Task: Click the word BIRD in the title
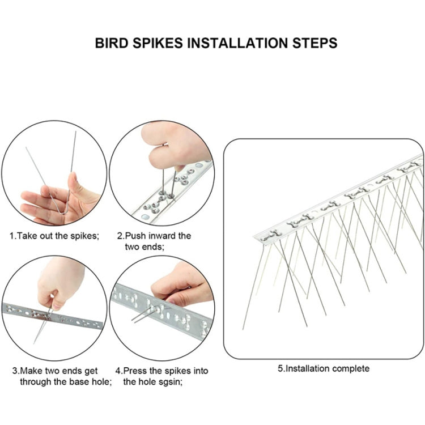(111, 43)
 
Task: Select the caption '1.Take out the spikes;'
(54, 235)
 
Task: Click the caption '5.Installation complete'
(324, 368)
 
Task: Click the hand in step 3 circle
(57, 286)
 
